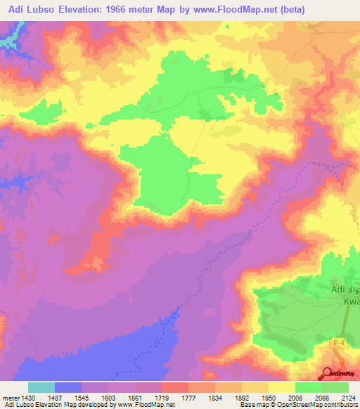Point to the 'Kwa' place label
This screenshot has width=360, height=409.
point(351,301)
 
